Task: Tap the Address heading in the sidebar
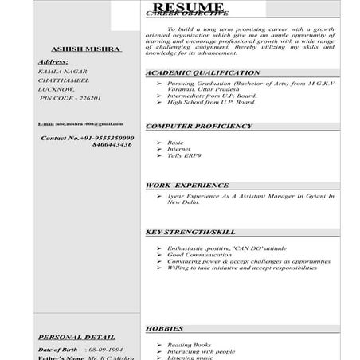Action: [x=53, y=61]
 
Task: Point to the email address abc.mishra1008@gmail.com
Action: [x=80, y=124]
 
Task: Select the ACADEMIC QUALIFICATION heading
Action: [x=202, y=72]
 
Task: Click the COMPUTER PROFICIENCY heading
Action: [x=198, y=127]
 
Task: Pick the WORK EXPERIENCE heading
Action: [x=186, y=185]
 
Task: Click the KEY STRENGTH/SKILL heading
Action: [x=190, y=232]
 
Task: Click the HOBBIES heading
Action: [x=165, y=328]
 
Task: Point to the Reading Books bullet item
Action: [x=189, y=345]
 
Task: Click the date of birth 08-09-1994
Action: [x=104, y=350]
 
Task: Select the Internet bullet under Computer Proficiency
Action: [x=179, y=149]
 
